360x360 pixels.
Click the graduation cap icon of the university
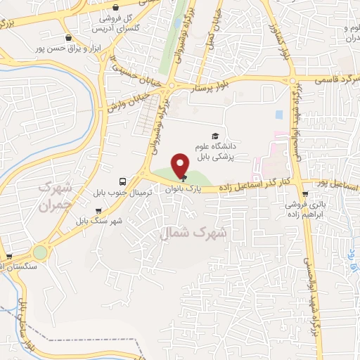(x=214, y=136)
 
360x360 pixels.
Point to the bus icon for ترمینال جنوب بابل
(x=123, y=181)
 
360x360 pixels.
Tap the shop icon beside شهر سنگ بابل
(x=98, y=210)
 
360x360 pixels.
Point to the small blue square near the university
(x=279, y=115)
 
